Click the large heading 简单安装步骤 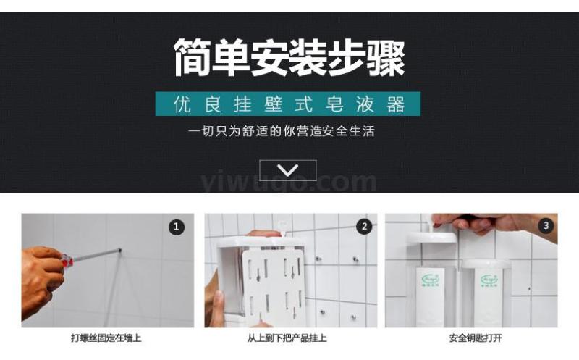pyautogui.click(x=289, y=58)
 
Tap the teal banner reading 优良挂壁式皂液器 pyautogui.click(x=287, y=104)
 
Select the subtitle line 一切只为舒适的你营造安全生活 pyautogui.click(x=282, y=131)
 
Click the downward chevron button pyautogui.click(x=288, y=170)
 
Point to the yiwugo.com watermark pyautogui.click(x=289, y=182)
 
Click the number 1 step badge pyautogui.click(x=177, y=227)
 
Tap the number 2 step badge pyautogui.click(x=365, y=227)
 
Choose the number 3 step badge pyautogui.click(x=546, y=225)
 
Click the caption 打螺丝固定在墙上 pyautogui.click(x=106, y=338)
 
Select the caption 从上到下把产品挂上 pyautogui.click(x=287, y=338)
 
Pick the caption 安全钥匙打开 pyautogui.click(x=476, y=338)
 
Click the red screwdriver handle pyautogui.click(x=67, y=260)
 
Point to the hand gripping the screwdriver pyautogui.click(x=41, y=281)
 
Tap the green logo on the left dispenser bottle pyautogui.click(x=428, y=280)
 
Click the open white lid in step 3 pyautogui.click(x=432, y=237)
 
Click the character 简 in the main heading pyautogui.click(x=193, y=58)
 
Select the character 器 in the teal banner pyautogui.click(x=396, y=104)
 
